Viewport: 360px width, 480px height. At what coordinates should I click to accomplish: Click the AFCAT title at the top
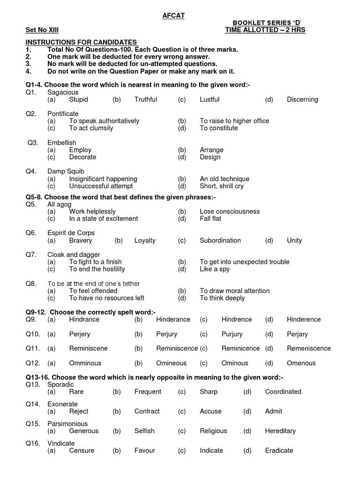173,15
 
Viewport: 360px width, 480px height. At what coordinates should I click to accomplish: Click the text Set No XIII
42,30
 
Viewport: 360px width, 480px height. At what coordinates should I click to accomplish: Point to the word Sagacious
63,92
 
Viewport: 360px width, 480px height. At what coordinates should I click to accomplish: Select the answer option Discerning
302,99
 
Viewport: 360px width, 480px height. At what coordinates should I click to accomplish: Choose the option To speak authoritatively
104,121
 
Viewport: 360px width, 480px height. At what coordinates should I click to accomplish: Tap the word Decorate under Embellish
82,157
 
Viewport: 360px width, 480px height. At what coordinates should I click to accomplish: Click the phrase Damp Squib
66,172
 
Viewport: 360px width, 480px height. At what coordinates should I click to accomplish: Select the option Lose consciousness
230,211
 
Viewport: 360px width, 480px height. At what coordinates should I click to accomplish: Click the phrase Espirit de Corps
71,233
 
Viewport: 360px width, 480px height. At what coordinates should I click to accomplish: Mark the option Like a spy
215,269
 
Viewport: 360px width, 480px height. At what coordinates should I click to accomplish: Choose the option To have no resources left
106,298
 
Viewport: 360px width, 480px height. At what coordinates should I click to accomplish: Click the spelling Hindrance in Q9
84,319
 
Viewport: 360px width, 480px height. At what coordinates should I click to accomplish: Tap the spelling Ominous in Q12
235,363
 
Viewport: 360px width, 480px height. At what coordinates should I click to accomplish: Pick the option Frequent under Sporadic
148,391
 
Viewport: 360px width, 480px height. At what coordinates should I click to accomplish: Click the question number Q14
31,404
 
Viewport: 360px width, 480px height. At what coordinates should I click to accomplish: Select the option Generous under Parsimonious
84,431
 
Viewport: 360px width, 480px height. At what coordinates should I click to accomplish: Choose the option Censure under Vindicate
82,450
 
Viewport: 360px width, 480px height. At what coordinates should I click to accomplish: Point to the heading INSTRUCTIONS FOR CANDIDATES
82,42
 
